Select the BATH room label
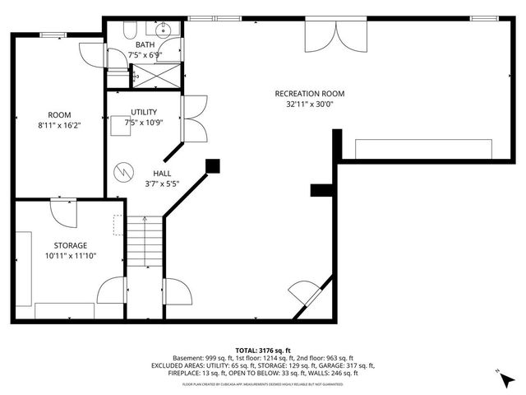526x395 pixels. tap(145, 44)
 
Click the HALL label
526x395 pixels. tap(162, 174)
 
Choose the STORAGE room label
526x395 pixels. tap(71, 245)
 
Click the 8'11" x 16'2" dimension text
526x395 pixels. tap(59, 126)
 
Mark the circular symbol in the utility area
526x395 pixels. tap(122, 170)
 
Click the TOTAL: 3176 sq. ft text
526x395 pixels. tap(263, 349)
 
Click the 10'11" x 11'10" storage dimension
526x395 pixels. tap(71, 256)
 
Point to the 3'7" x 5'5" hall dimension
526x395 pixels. tap(162, 184)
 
